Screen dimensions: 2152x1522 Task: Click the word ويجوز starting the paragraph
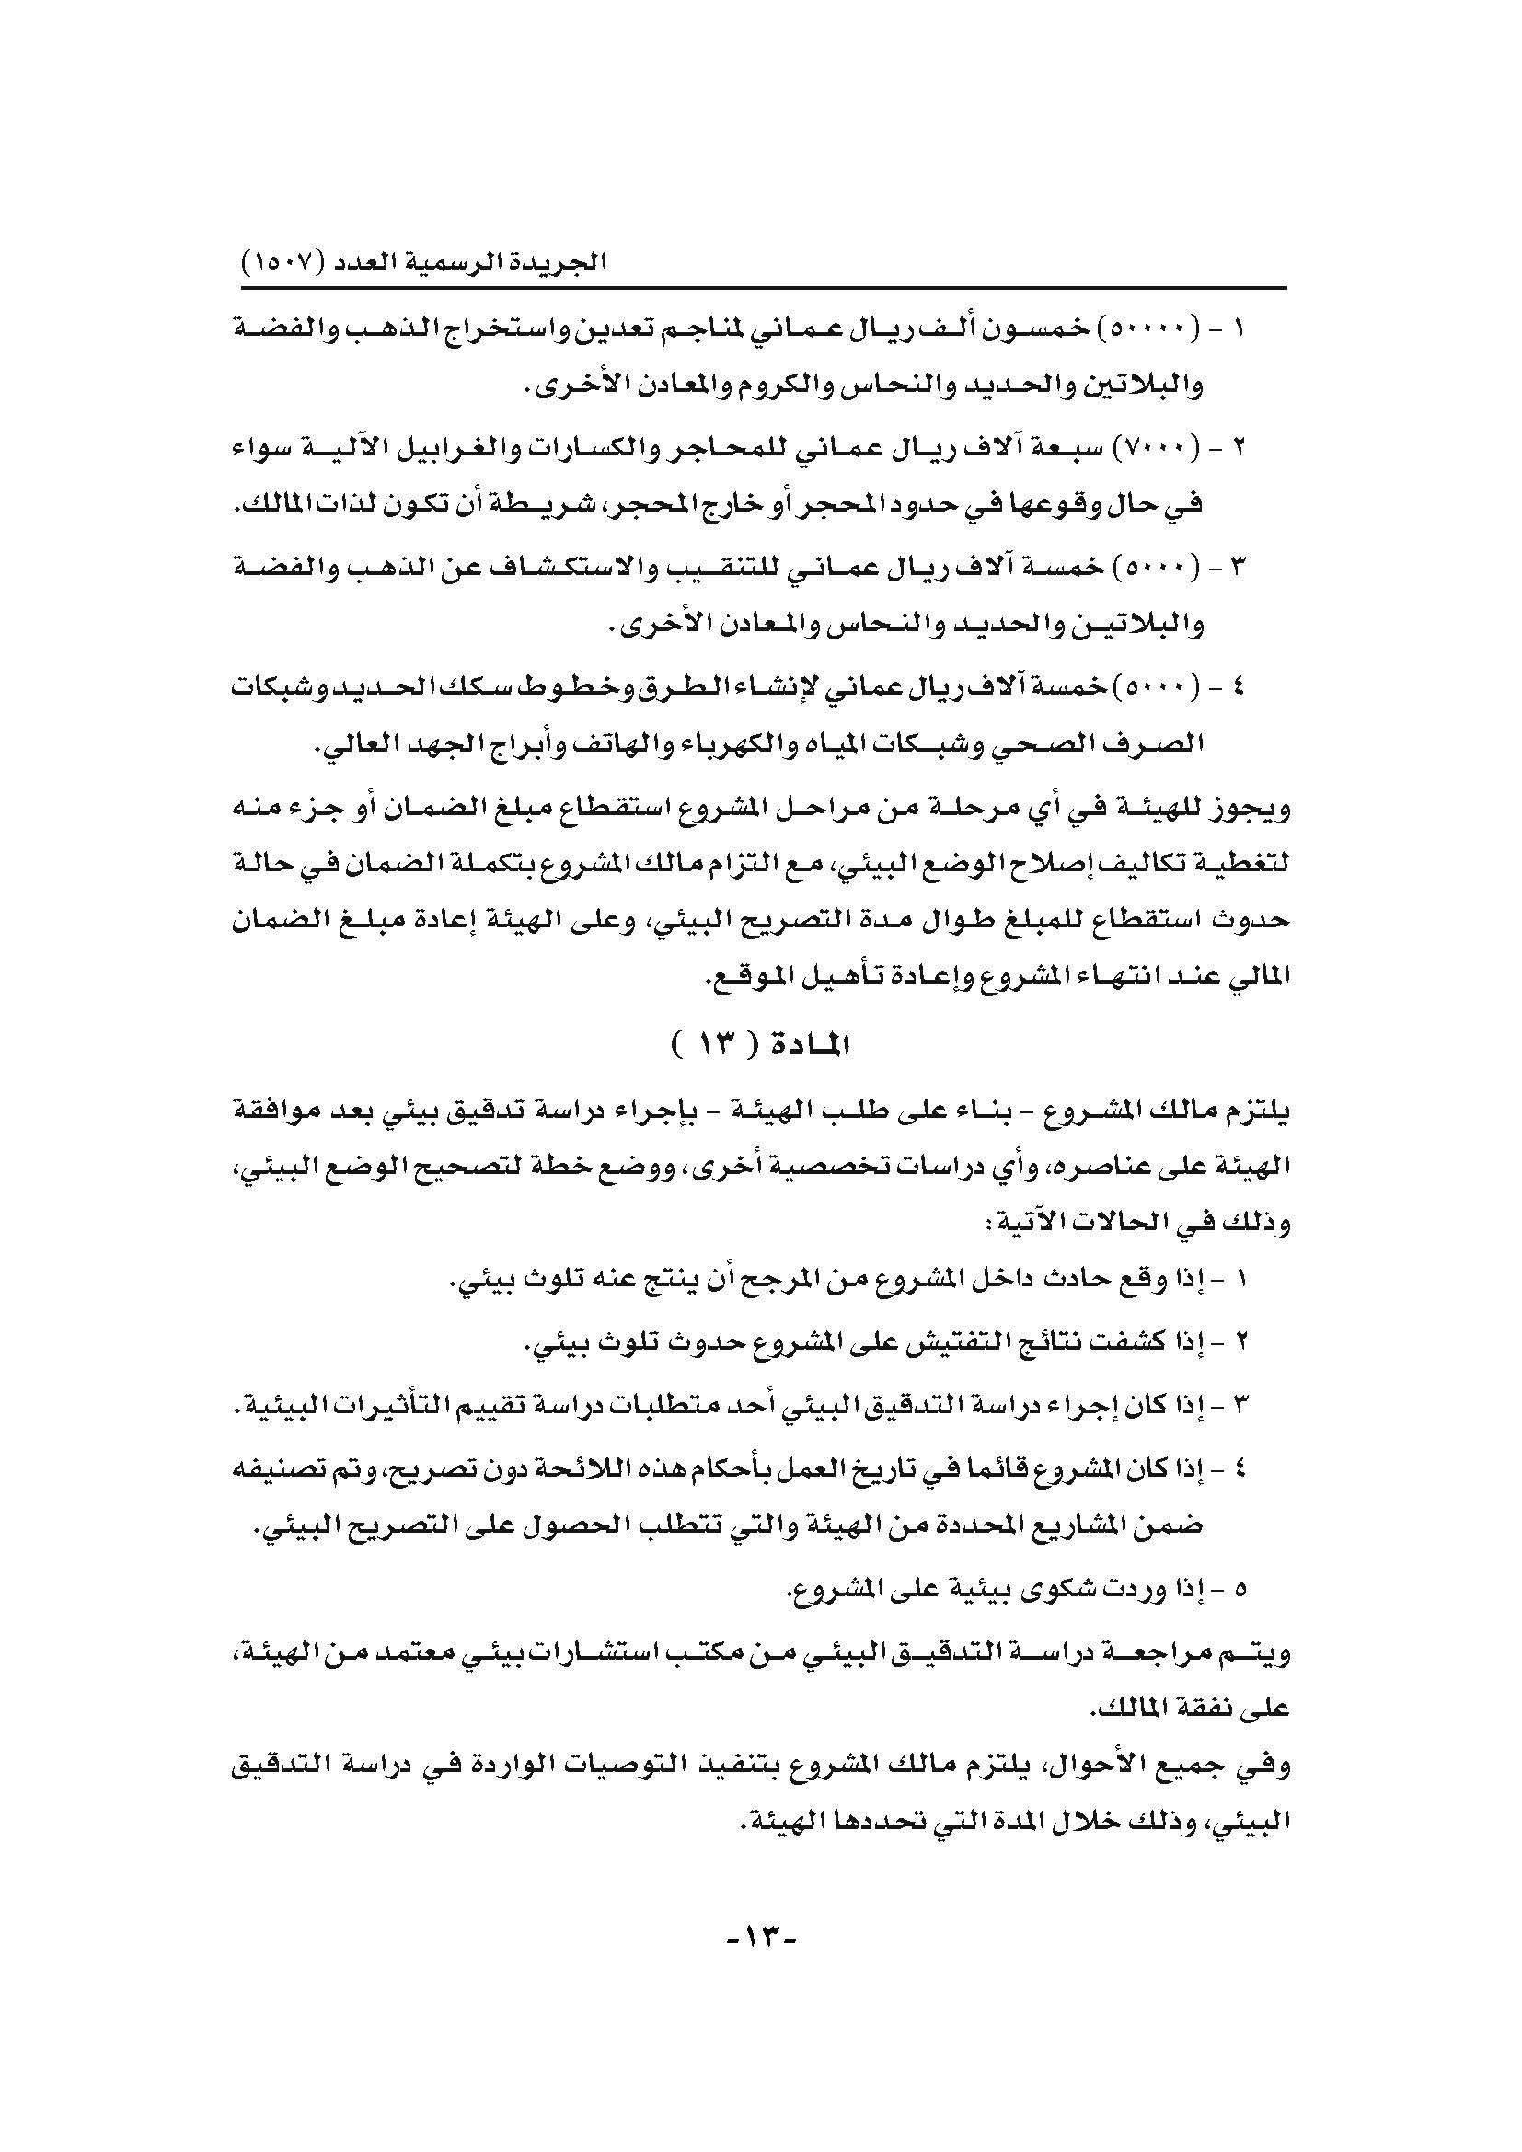(x=1256, y=807)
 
